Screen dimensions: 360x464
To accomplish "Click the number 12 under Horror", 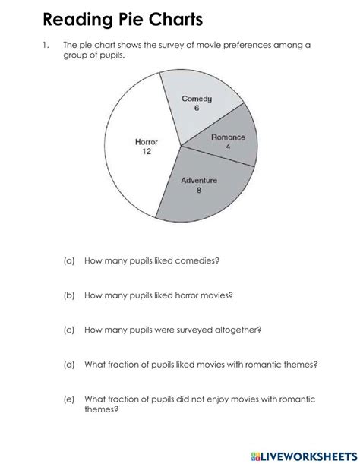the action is tap(146, 152).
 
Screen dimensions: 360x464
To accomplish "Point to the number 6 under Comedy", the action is tap(196, 109).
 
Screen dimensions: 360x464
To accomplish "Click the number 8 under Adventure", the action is tap(199, 191).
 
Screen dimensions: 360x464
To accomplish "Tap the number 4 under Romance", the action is tap(228, 147).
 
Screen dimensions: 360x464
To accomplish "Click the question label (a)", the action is tap(69, 260).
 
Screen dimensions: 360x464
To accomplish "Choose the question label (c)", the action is tap(69, 330).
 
